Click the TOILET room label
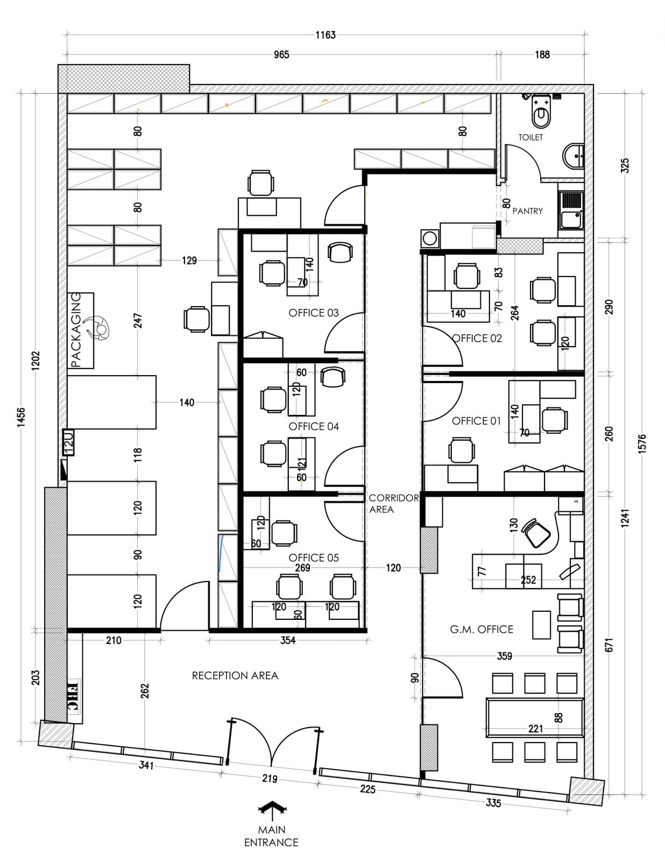click(x=530, y=137)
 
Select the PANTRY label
click(x=527, y=211)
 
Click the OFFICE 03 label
click(x=313, y=313)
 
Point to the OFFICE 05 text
click(x=313, y=558)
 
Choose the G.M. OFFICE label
click(x=481, y=629)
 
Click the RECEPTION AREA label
click(x=235, y=675)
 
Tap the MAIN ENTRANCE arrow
click(x=272, y=810)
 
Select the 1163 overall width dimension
click(x=325, y=36)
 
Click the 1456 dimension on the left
click(x=22, y=417)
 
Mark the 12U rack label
click(x=68, y=442)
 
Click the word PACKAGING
click(x=76, y=330)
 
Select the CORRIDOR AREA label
click(x=393, y=504)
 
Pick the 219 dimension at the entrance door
click(x=270, y=779)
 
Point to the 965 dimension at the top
click(x=281, y=55)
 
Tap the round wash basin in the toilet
click(x=573, y=156)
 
